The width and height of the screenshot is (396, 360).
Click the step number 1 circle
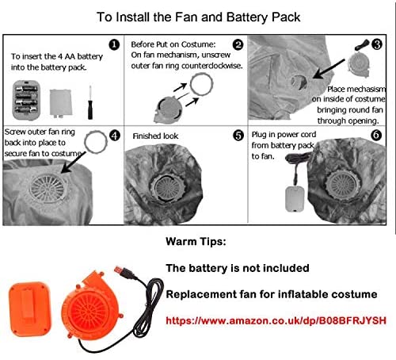[114, 45]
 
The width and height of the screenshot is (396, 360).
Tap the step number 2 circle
[238, 44]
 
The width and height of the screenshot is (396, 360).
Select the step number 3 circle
[377, 44]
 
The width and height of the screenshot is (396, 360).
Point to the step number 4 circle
[115, 136]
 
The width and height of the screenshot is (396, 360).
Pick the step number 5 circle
[238, 136]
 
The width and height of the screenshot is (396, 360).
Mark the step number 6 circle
[376, 136]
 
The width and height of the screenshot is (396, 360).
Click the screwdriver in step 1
[90, 102]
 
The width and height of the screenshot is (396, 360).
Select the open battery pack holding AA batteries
[26, 101]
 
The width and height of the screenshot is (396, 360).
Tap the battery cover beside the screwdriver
[61, 102]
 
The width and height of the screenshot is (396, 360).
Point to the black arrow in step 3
[329, 69]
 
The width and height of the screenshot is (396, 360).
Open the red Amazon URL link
[276, 320]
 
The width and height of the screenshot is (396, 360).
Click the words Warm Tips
[196, 242]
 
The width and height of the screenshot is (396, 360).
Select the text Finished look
[155, 136]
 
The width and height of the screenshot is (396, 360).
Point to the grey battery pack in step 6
[295, 199]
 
